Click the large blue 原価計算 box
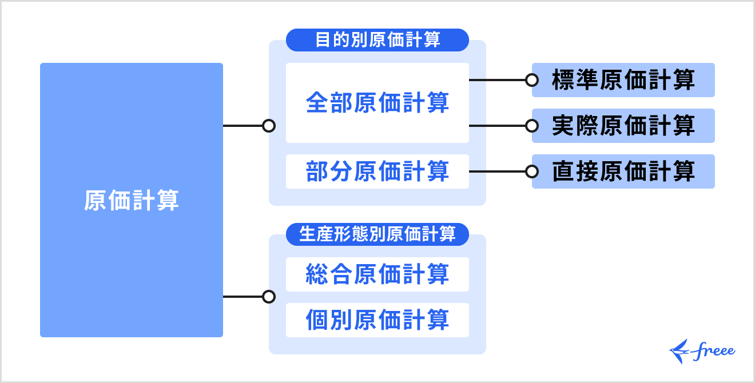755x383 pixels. pos(132,200)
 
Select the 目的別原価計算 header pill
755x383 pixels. pos(378,40)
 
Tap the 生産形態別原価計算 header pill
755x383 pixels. pos(378,234)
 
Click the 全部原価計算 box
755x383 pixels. pos(378,103)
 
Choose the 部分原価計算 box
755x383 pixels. pos(378,171)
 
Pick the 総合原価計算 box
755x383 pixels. pos(378,274)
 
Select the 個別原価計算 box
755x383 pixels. pos(378,320)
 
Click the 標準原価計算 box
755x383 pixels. pos(623,80)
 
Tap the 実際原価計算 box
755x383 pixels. pos(623,126)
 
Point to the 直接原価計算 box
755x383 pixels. pos(623,171)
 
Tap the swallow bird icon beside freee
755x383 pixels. pos(680,352)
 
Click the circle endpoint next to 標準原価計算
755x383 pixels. pos(532,80)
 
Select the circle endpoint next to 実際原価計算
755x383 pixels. pos(532,126)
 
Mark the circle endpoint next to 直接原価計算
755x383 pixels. pos(532,171)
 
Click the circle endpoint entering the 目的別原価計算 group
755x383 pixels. pos(269,126)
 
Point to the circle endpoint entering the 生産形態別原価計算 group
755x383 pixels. pos(269,297)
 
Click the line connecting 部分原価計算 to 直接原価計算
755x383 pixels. pos(498,171)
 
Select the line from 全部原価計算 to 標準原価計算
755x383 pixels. pos(498,80)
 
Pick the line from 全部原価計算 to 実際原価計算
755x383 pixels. pos(498,126)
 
